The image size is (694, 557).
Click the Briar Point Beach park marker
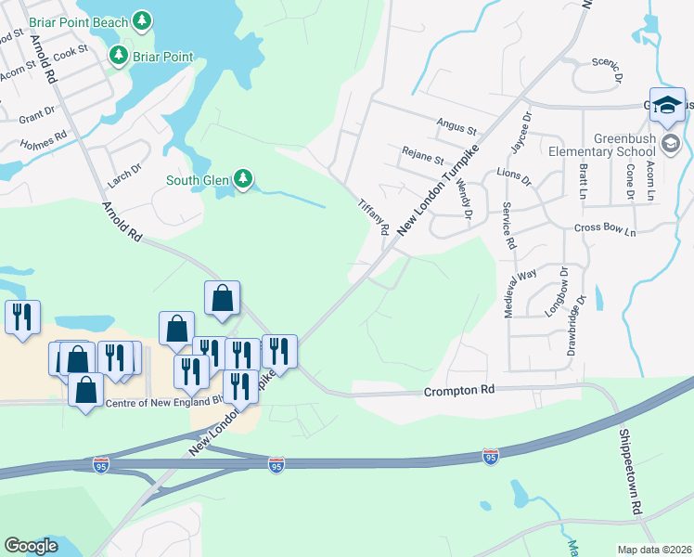coord(141,19)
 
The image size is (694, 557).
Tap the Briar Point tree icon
coord(119,57)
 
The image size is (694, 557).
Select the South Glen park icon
coord(243,178)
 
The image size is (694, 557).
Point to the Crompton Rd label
coord(457,393)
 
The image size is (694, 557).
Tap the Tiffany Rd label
coord(374,214)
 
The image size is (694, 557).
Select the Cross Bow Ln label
coord(604,228)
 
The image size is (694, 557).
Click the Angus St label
coord(456,130)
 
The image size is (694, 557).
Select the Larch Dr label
coord(123,169)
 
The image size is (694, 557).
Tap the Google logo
coord(31,546)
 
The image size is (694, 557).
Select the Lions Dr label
coord(513,175)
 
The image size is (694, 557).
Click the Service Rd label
coord(508,226)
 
